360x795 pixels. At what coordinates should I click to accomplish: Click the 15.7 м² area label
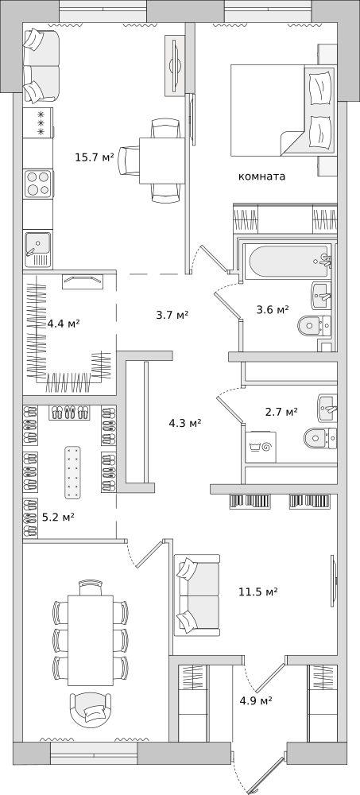(x=95, y=157)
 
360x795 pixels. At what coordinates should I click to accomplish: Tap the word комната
(x=261, y=176)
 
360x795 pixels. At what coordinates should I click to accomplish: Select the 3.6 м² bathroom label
(x=273, y=309)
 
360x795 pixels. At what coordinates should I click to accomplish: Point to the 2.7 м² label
(x=281, y=412)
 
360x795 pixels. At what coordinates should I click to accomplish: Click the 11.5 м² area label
(x=258, y=591)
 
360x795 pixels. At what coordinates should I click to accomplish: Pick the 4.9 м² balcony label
(x=256, y=700)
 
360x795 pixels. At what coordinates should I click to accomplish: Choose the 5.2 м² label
(x=58, y=518)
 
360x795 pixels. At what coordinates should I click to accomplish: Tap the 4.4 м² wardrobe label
(x=64, y=323)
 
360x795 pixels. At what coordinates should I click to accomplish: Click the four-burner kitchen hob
(x=38, y=184)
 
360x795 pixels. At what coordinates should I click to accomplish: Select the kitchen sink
(x=38, y=250)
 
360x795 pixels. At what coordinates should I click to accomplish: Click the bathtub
(x=288, y=262)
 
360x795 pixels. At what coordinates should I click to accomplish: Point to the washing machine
(x=261, y=447)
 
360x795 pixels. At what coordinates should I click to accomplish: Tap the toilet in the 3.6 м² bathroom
(x=315, y=325)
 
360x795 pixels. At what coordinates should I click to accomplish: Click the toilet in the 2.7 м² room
(x=320, y=437)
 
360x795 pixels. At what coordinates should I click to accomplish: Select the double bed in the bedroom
(x=283, y=110)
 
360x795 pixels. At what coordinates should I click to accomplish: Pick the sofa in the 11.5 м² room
(x=197, y=595)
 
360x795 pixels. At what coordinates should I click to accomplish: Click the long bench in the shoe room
(x=72, y=472)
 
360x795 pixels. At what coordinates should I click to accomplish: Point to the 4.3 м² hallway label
(x=185, y=422)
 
